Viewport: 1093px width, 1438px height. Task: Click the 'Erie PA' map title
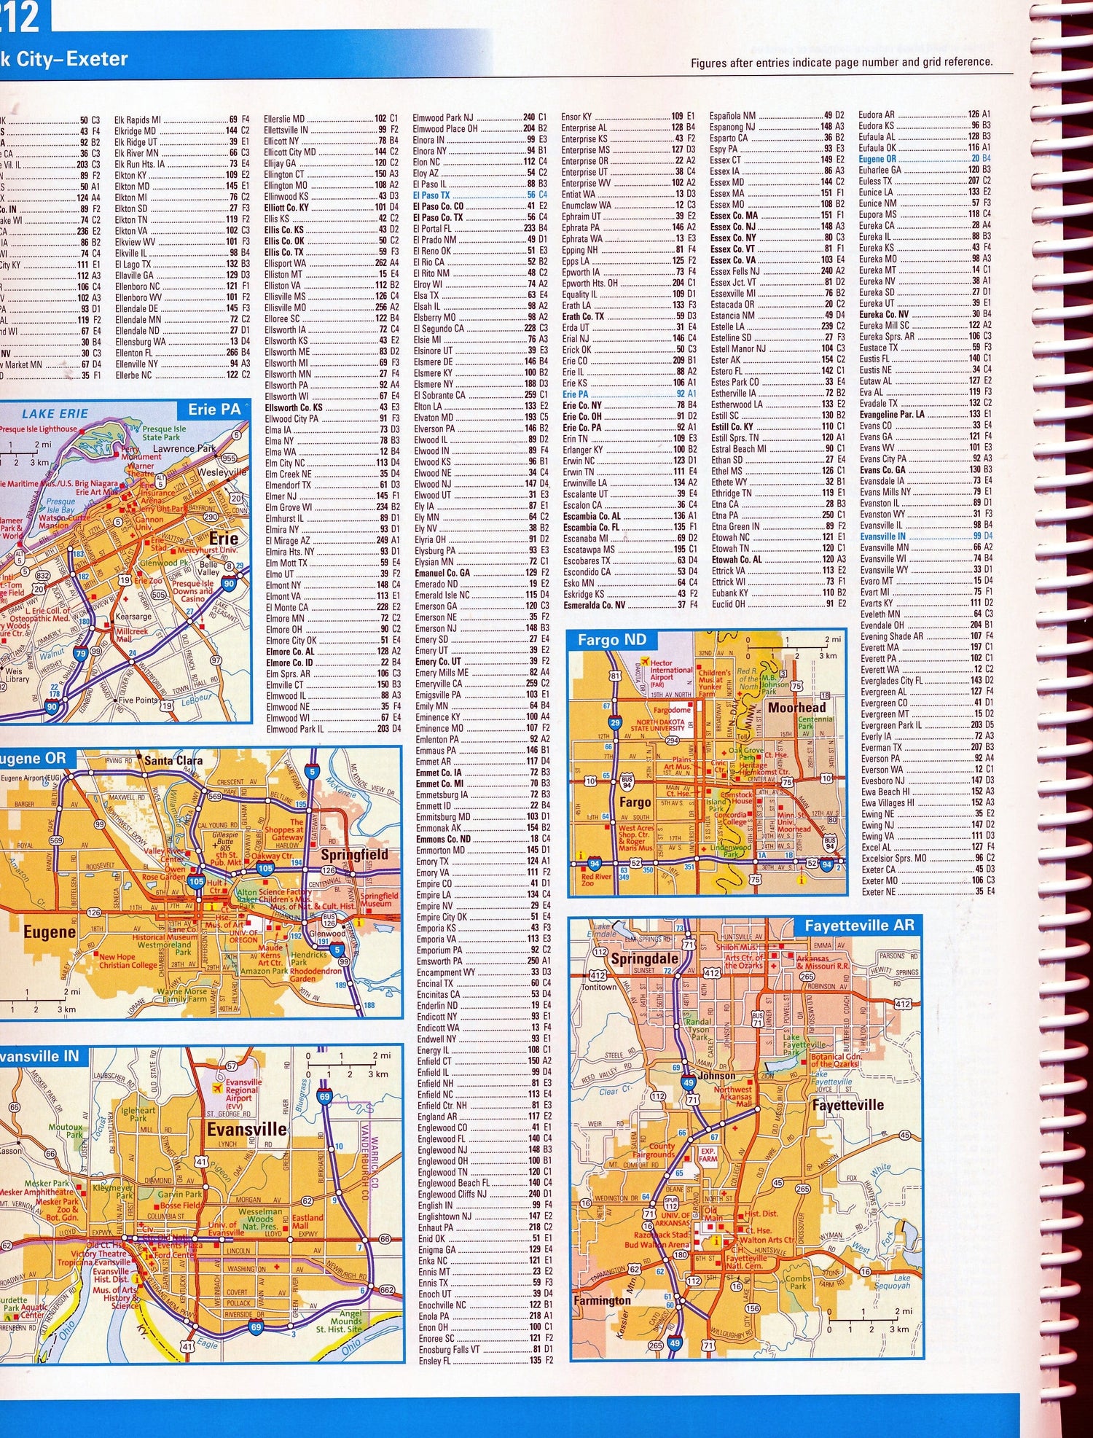coord(213,409)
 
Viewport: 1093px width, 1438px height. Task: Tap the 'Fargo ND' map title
coord(611,640)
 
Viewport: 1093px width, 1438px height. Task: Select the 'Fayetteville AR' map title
coord(858,925)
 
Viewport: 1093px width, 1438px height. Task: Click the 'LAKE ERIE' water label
coord(55,413)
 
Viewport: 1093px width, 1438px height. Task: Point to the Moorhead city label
coord(797,707)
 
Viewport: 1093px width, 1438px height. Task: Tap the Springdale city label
coord(644,958)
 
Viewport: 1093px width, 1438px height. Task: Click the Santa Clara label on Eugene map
coord(173,760)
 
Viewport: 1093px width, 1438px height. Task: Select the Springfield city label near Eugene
coord(355,854)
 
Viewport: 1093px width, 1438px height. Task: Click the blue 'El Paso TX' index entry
coord(431,195)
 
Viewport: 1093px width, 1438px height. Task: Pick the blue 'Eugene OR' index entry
coord(877,159)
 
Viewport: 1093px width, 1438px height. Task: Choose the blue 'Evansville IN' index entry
coord(882,536)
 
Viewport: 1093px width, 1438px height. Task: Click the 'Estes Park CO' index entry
coord(734,382)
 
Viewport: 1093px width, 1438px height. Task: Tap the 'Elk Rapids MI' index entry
coord(137,120)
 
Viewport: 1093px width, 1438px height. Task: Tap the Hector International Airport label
coord(671,669)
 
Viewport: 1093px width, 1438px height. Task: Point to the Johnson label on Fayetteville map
coord(716,1075)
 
